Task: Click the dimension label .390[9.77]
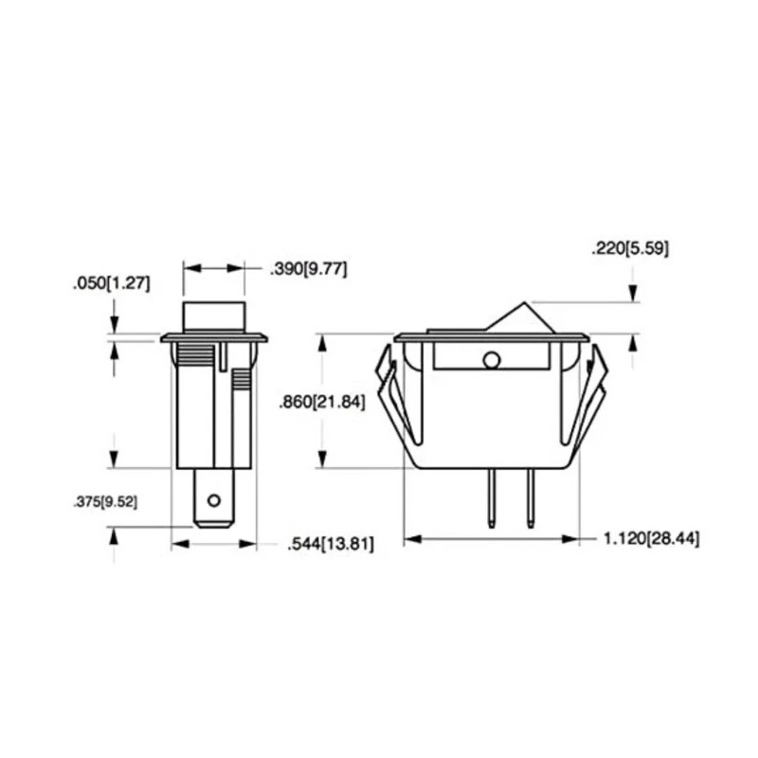pos(309,269)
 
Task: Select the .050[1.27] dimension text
pos(112,283)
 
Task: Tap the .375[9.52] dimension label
pos(105,503)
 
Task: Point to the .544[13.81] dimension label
pos(331,544)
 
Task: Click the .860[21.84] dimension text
pos(322,402)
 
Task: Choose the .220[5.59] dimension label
pos(630,249)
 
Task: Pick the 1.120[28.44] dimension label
pos(652,538)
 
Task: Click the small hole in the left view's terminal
pos(214,500)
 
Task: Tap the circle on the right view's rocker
pos(492,360)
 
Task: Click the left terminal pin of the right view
pos(491,498)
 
